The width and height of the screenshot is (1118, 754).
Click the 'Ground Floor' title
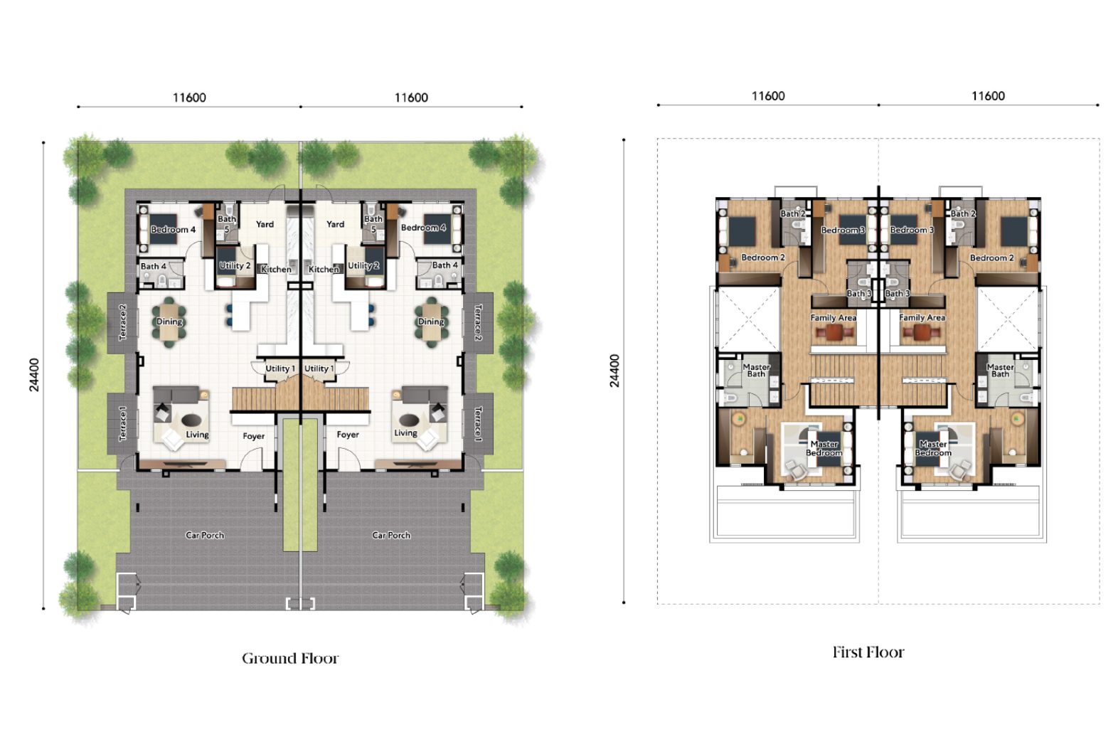point(290,659)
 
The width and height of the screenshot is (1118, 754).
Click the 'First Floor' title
point(868,652)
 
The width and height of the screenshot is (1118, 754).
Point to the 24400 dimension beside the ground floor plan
point(34,374)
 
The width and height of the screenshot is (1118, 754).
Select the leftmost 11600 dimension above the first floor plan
point(768,96)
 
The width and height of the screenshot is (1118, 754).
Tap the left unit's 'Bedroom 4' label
point(174,230)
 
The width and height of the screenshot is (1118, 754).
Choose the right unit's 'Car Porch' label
point(391,536)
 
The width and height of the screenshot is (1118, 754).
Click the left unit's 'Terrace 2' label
point(123,322)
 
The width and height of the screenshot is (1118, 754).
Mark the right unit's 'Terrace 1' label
point(478,424)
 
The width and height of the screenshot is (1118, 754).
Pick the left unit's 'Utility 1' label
point(280,368)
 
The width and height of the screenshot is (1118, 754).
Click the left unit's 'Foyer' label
point(254,437)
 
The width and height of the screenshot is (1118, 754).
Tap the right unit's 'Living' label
point(405,433)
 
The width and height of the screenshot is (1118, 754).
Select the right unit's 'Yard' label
point(336,224)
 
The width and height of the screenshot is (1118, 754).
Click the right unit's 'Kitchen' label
point(324,269)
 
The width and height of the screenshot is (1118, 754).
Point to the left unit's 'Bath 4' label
point(153,267)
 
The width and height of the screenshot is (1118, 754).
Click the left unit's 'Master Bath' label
point(756,371)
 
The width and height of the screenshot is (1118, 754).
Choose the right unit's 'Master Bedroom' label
point(933,448)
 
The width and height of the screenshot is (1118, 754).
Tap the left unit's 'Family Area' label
point(834,317)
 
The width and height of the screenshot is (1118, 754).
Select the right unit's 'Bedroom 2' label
point(991,258)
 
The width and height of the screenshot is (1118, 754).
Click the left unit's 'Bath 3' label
point(859,294)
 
